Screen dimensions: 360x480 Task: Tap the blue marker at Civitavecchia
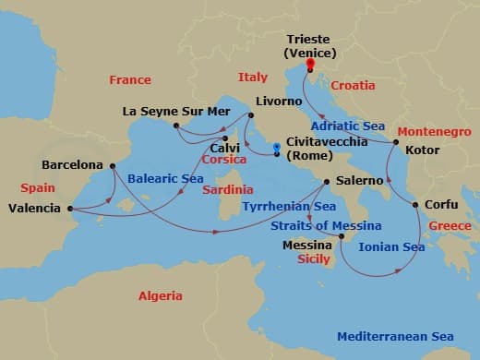[276, 149]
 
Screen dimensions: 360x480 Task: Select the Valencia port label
[34, 209]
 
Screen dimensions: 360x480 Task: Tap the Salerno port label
[362, 181]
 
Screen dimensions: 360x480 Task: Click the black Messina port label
[306, 245]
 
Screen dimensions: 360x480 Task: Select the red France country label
[129, 80]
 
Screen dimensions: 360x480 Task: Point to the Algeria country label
[161, 296]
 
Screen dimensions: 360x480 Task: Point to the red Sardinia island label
[226, 189]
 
